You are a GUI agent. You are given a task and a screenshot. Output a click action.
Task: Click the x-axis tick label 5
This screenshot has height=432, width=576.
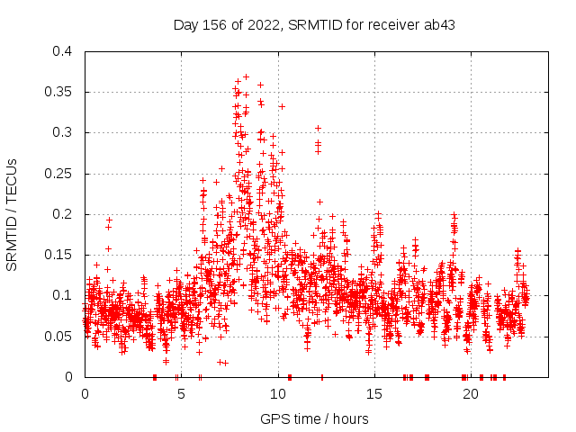181,393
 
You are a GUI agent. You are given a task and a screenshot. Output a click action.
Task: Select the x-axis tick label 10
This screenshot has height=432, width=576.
277,393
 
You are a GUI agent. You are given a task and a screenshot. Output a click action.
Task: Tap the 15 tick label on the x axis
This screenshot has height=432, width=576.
373,393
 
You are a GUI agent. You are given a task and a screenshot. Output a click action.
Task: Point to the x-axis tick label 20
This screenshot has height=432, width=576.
470,393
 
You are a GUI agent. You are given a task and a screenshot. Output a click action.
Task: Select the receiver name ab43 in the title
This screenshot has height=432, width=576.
439,24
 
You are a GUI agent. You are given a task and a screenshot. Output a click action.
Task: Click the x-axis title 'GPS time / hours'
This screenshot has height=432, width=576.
314,418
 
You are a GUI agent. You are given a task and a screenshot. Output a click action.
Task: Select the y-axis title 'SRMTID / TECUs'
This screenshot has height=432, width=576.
13,214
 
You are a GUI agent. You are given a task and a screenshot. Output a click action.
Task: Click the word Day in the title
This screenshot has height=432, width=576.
185,24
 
